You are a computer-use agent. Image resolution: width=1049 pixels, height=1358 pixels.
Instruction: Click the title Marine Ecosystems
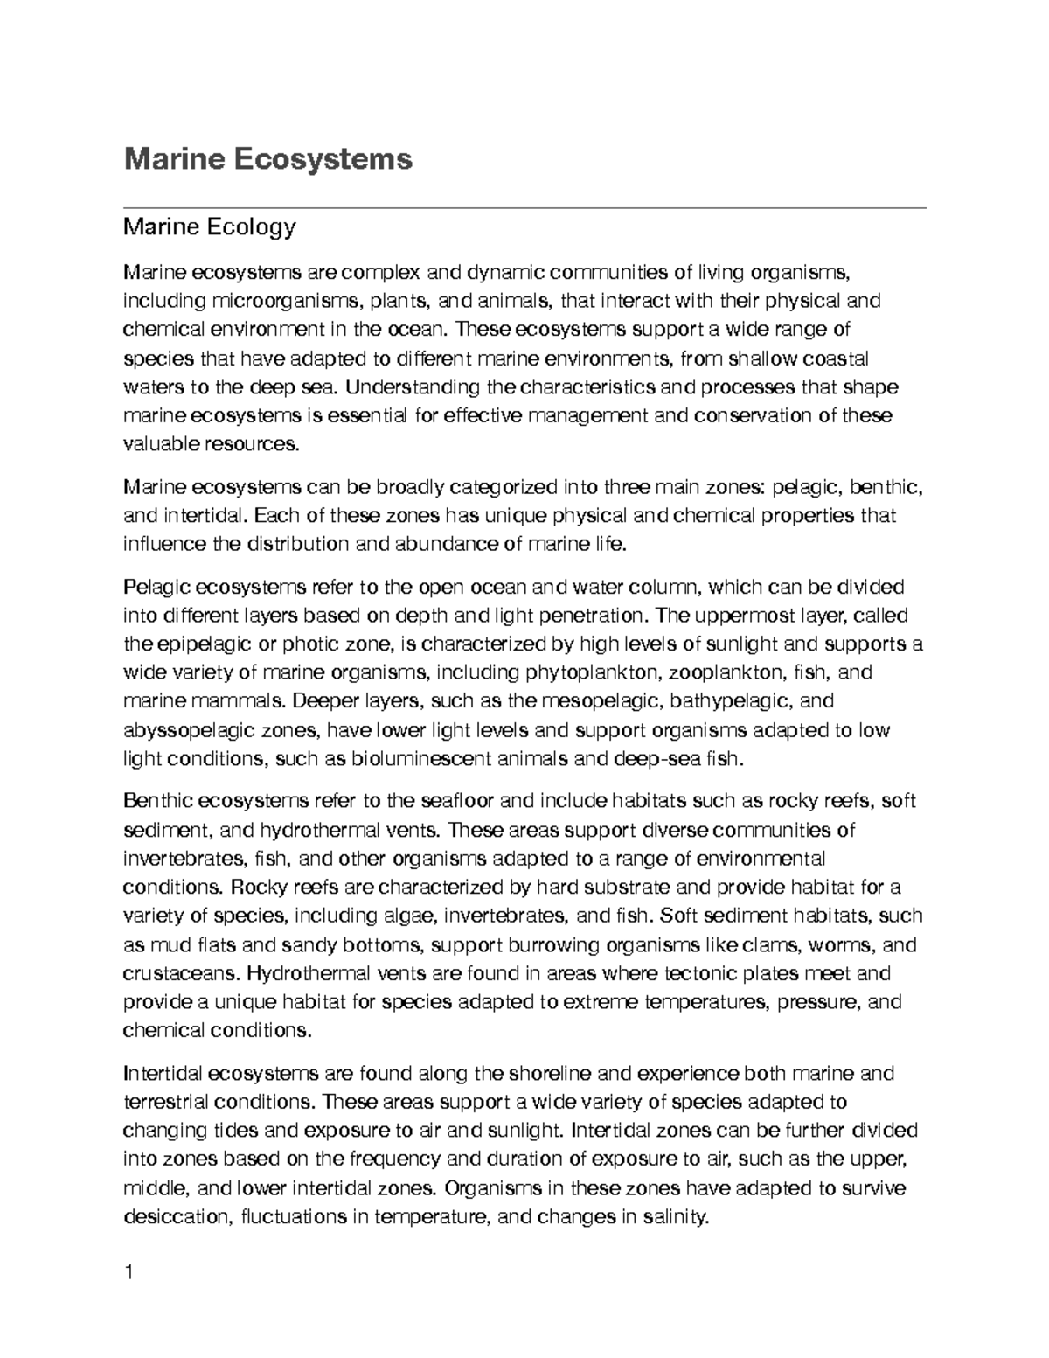pos(267,159)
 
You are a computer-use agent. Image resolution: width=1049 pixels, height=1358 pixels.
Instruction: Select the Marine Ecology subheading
pos(210,228)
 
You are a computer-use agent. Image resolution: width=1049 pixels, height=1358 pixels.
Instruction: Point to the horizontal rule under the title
pos(524,208)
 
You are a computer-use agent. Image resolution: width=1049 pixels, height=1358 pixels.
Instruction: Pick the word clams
pos(770,945)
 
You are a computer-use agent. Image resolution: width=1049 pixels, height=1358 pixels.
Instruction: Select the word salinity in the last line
pos(672,1216)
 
